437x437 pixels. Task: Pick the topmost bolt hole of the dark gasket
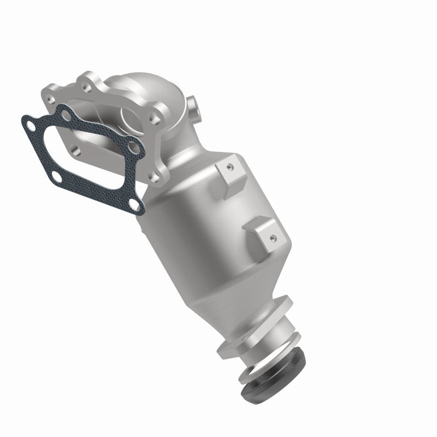pyautogui.click(x=66, y=115)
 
